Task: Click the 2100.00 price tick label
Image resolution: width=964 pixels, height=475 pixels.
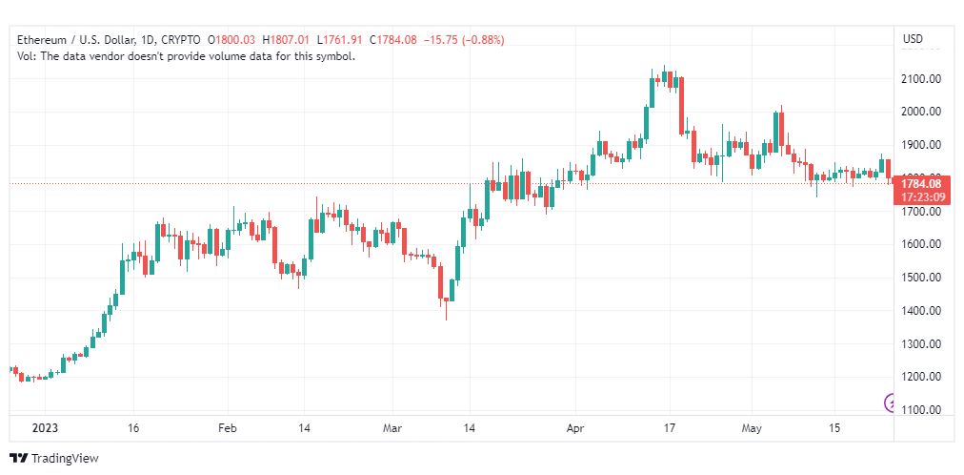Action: (x=921, y=79)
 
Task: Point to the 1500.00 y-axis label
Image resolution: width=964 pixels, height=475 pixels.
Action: (x=921, y=278)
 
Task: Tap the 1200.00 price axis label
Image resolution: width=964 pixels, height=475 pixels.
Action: (x=921, y=377)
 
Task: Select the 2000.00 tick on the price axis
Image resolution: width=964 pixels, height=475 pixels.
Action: (x=921, y=112)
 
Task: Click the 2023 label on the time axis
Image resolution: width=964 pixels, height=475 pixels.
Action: (x=45, y=428)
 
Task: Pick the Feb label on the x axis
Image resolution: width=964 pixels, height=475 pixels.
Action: (x=228, y=428)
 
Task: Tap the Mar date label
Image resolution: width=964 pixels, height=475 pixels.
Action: (x=392, y=428)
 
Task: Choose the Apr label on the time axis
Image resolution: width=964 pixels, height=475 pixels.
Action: (x=574, y=428)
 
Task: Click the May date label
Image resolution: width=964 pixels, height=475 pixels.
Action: (x=752, y=428)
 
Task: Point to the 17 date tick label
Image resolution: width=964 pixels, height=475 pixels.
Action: (x=669, y=428)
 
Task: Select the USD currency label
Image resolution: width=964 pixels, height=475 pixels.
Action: (x=913, y=39)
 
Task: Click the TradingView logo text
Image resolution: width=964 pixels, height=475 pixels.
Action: (x=65, y=459)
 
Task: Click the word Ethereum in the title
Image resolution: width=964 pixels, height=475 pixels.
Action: (x=42, y=40)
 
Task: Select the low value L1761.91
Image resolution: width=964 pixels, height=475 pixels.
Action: (x=341, y=40)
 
